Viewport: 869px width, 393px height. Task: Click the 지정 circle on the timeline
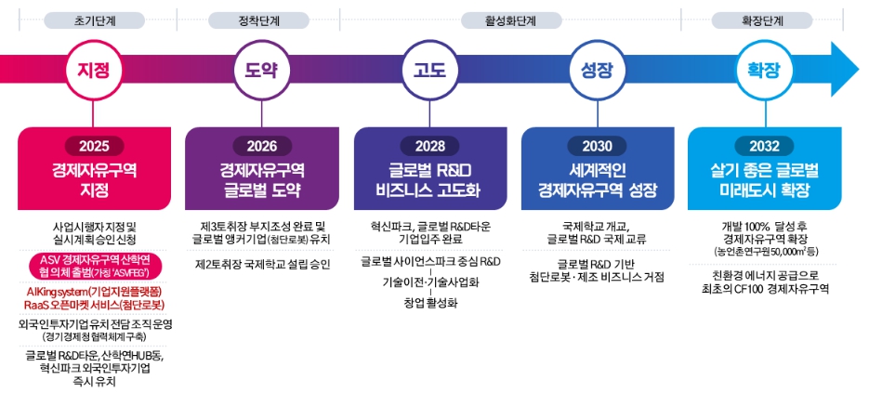[x=93, y=71]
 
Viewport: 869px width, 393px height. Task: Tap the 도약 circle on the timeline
[x=260, y=71]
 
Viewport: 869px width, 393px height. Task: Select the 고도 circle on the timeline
[x=429, y=71]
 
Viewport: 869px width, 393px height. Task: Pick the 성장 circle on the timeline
[x=597, y=71]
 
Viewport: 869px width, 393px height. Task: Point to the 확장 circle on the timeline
[x=764, y=71]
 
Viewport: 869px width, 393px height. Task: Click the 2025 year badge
[x=94, y=147]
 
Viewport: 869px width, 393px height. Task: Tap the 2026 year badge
[x=261, y=147]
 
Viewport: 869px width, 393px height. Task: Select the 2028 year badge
[x=430, y=147]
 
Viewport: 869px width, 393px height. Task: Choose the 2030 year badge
[x=598, y=147]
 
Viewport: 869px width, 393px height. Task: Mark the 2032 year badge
[x=765, y=147]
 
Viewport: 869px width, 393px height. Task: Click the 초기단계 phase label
[x=94, y=21]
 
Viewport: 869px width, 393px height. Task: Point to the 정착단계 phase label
[x=258, y=21]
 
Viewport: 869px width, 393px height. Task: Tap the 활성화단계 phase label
[x=511, y=21]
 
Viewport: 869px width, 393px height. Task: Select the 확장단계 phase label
[x=761, y=21]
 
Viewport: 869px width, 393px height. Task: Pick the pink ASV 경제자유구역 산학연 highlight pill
[x=94, y=267]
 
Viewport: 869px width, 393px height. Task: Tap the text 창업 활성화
[x=431, y=303]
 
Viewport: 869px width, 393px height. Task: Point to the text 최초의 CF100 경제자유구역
[x=764, y=288]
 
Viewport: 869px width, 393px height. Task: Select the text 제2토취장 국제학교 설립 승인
[x=263, y=264]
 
